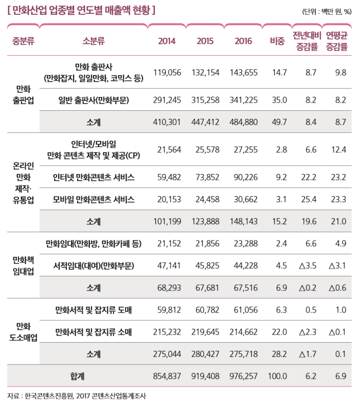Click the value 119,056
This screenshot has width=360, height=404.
click(x=167, y=73)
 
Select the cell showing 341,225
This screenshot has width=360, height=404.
click(x=244, y=100)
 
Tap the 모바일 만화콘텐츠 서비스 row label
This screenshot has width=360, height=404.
click(x=93, y=200)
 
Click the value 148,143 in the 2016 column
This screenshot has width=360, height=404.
click(x=244, y=222)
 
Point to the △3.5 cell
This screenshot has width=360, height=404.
click(x=307, y=266)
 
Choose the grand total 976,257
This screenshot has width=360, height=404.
click(x=244, y=376)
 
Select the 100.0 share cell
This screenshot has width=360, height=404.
click(x=278, y=376)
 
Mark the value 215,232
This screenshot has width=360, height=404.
click(x=167, y=332)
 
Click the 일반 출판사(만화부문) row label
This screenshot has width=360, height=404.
click(x=93, y=100)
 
